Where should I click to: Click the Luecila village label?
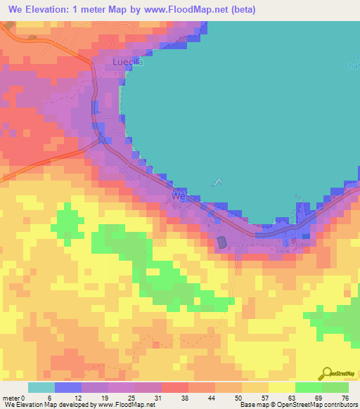point(128,62)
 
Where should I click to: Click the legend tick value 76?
point(345,397)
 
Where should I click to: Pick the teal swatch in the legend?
point(41,387)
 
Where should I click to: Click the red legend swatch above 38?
point(174,387)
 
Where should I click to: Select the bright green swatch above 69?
point(308,387)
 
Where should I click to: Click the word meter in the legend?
point(12,397)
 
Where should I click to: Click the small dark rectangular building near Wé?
point(222,242)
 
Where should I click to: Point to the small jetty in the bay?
point(217,182)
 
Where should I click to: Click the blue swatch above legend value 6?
point(68,387)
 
